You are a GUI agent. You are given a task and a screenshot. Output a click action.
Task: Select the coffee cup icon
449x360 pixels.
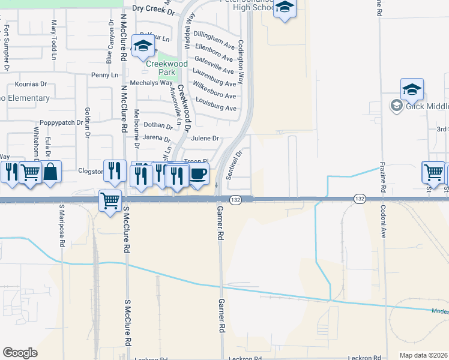tap(198, 175)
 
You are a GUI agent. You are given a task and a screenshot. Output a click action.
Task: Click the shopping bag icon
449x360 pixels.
tap(52, 172)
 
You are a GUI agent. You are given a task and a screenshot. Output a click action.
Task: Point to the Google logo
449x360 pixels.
tap(20, 353)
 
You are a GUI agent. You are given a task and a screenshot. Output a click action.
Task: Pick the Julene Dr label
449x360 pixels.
tap(203, 138)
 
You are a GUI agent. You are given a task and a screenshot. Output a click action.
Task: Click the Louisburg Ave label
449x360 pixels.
tap(215, 108)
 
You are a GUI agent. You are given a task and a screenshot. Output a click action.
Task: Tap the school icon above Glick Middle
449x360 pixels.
tap(412, 90)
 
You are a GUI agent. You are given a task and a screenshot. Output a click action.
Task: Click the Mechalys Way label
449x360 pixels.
tap(152, 83)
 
